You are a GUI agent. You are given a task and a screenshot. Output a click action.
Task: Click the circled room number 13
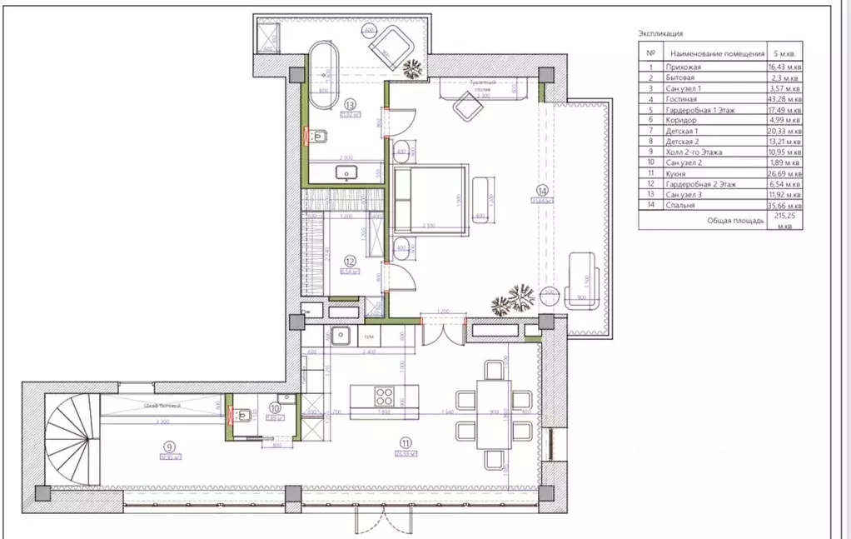coord(350,105)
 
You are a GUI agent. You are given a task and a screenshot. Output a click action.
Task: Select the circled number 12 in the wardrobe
coord(351,259)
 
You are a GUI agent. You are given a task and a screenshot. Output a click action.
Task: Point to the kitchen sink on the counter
coord(340,336)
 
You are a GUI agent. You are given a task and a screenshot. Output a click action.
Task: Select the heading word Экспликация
coord(660,34)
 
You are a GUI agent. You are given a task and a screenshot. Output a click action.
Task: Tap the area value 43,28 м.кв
coord(785,99)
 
